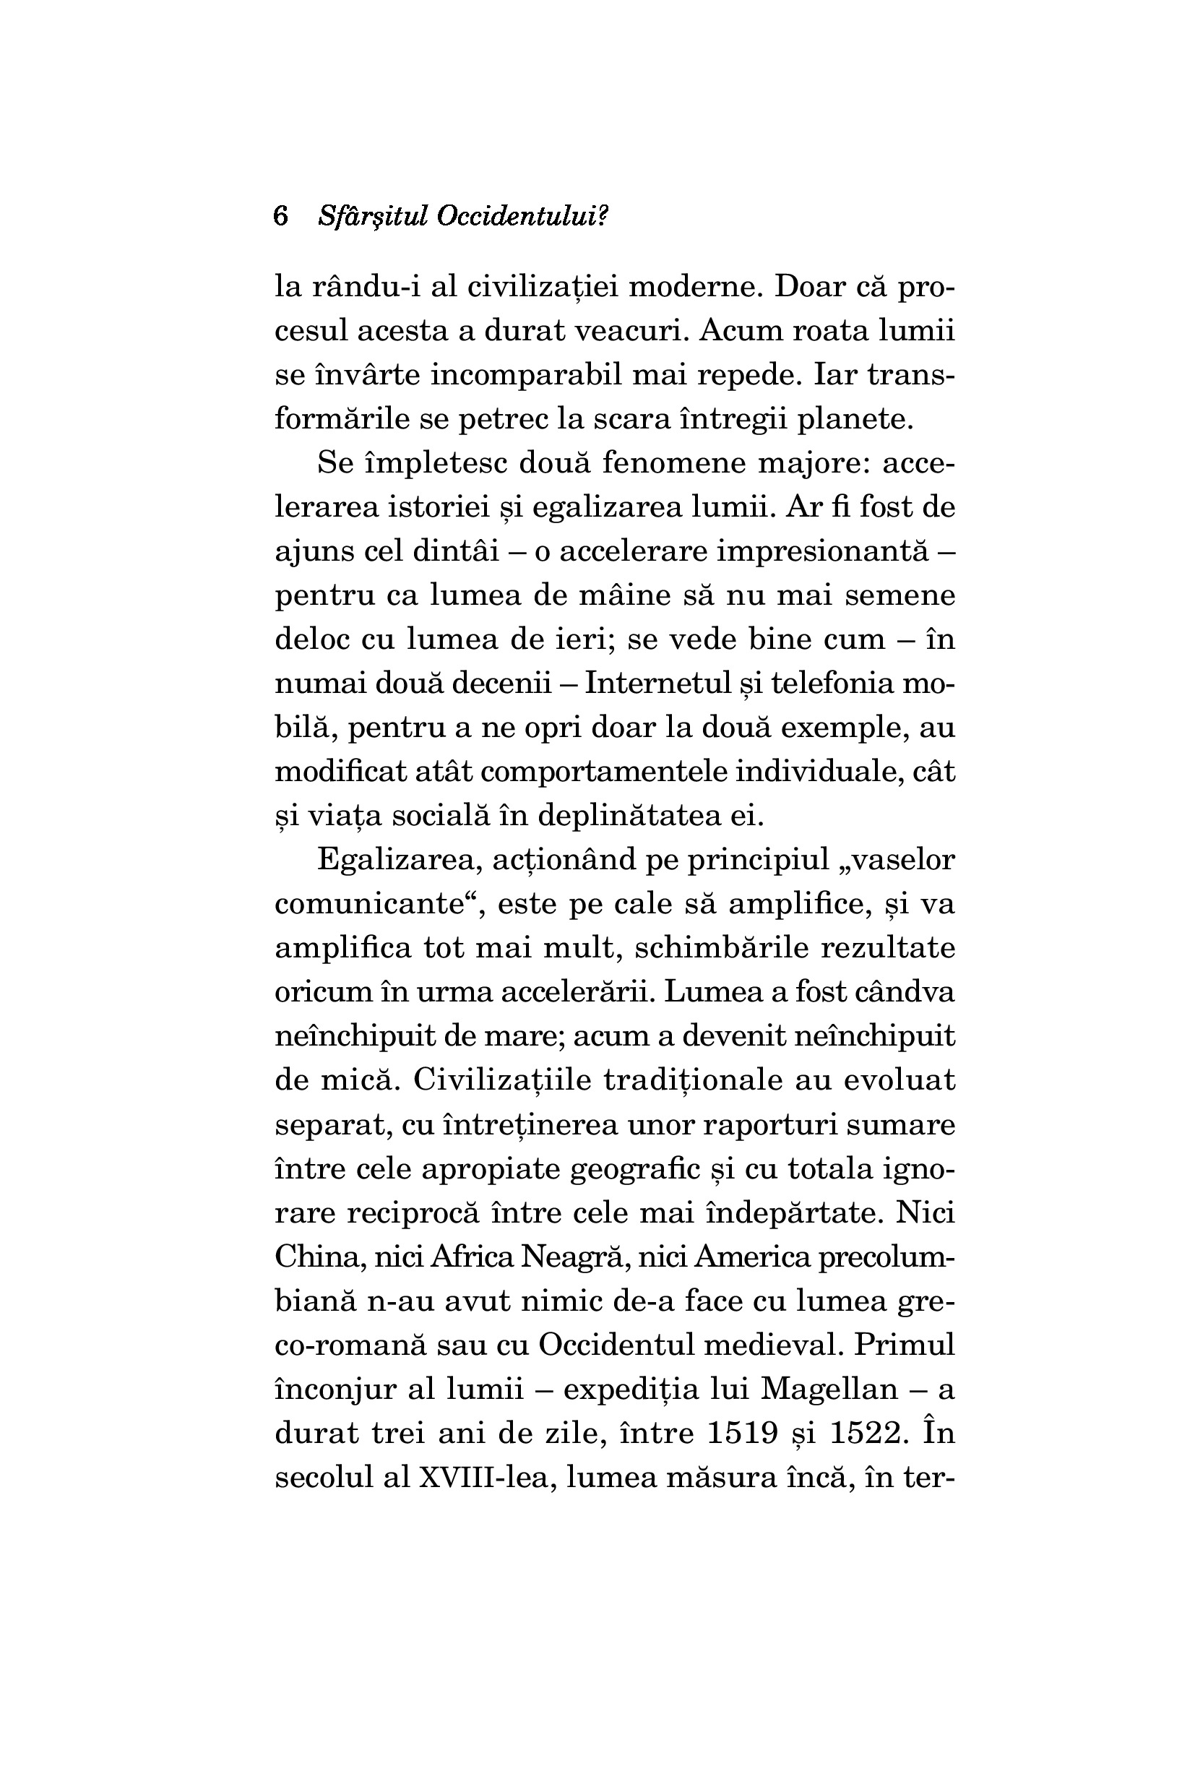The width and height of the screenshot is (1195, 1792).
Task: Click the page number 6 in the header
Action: point(280,217)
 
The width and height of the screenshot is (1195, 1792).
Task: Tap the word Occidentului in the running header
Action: point(522,217)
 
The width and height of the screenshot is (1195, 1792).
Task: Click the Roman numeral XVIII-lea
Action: point(486,1477)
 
